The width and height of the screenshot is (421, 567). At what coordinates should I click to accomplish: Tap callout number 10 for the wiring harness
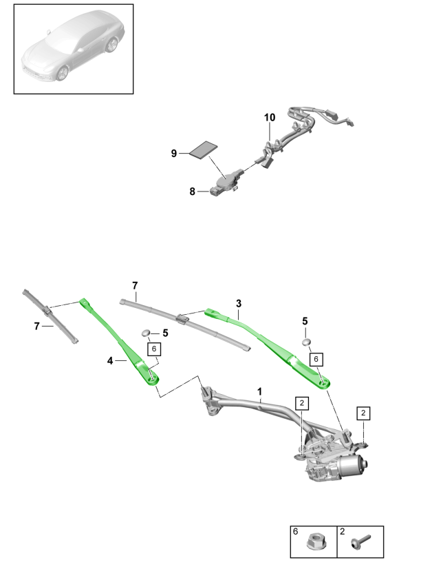click(269, 118)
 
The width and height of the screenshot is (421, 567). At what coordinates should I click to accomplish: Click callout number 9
click(174, 154)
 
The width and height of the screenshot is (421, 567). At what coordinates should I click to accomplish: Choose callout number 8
click(193, 192)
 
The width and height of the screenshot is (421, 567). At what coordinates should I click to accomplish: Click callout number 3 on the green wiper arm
click(238, 303)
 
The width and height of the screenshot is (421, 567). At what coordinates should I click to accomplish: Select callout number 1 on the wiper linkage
click(261, 391)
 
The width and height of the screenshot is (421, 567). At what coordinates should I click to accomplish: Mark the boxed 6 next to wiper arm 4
click(153, 349)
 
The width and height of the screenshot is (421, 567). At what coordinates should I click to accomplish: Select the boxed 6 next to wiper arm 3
click(316, 359)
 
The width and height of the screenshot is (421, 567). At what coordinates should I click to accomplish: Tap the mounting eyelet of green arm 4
click(153, 378)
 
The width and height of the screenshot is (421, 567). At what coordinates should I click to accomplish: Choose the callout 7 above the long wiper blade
click(136, 285)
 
